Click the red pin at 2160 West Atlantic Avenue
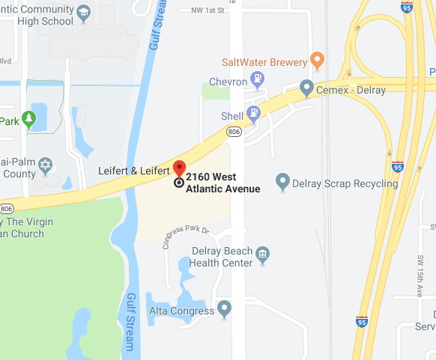179,168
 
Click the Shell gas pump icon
254,115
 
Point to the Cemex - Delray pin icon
306,88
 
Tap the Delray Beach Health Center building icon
263,254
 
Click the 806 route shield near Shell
232,131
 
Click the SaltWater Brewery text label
264,63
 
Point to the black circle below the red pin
179,182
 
